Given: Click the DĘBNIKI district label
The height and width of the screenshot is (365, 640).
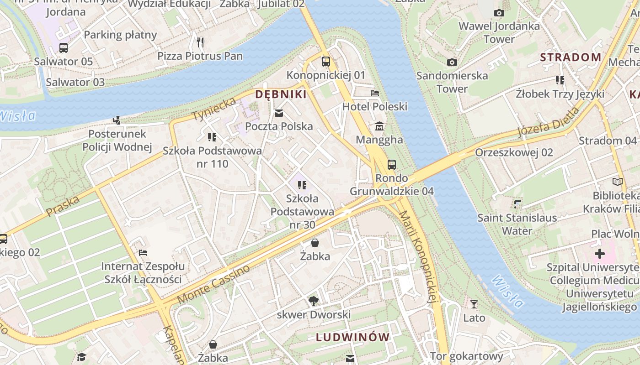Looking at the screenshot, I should point(281,94).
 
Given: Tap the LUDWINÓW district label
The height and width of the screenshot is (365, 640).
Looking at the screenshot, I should point(353,338).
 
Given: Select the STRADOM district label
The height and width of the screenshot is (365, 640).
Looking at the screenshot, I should point(571,57).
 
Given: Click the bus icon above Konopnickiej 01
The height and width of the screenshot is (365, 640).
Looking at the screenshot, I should point(326,62).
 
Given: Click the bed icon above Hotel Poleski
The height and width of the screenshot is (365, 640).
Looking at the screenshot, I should point(375,93).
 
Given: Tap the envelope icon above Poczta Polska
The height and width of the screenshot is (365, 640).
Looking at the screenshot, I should point(279,113).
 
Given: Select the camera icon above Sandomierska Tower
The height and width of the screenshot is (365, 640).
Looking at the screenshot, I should point(452,62).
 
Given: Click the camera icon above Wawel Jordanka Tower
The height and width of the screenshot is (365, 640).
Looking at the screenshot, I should point(499,13).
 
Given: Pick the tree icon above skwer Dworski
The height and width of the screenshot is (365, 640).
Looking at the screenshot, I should point(314,301).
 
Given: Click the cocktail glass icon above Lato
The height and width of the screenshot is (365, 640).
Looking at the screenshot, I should point(474,304).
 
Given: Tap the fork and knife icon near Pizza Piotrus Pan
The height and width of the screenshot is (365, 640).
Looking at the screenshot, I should point(200,42).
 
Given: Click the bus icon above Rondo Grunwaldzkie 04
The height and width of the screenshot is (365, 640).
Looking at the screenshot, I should point(392,165).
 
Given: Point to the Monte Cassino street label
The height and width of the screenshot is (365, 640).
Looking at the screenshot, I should point(213,284).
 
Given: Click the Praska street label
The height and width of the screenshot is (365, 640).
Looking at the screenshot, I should point(63,206).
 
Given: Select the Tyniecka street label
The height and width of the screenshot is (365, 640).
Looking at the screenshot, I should point(214,109).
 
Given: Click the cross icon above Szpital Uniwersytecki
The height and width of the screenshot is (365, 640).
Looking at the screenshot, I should point(600,254).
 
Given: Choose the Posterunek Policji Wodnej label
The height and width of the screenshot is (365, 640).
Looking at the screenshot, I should point(117,140).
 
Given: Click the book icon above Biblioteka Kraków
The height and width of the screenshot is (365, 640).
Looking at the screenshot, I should point(618,182).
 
